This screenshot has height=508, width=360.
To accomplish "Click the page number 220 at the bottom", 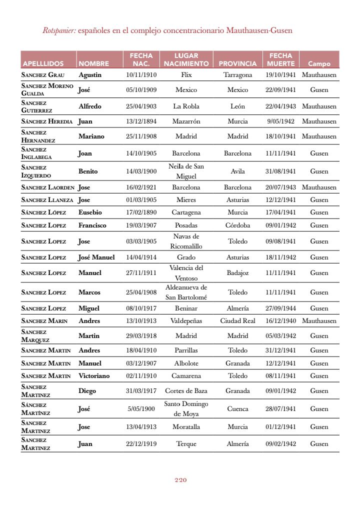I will point(180,480).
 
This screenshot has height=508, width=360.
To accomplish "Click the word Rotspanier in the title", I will point(59,30).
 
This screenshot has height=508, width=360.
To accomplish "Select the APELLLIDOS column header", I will point(43,64).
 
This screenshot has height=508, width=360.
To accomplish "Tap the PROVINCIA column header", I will point(237,64).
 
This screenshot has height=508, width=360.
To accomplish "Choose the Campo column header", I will point(319,64).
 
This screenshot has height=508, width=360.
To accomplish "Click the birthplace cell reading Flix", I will point(186,75).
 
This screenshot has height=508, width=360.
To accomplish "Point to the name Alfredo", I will point(90,106).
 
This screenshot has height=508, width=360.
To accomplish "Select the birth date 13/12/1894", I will point(141,121).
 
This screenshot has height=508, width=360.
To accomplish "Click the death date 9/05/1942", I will point(280,121).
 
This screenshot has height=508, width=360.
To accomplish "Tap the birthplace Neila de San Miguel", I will point(186,171).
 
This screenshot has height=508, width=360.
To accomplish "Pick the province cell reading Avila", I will point(237,171).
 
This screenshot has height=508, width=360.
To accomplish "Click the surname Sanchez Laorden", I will point(47,187).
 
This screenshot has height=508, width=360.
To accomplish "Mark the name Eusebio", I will point(90,212).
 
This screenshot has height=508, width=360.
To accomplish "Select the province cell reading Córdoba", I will point(237,225).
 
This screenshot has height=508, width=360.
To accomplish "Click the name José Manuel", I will point(96,257).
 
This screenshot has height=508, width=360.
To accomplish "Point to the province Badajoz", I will point(237,273).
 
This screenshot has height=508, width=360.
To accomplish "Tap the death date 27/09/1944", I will point(280,308).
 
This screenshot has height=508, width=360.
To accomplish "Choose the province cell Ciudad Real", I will point(237,321).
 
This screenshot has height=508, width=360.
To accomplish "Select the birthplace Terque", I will point(186,444).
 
